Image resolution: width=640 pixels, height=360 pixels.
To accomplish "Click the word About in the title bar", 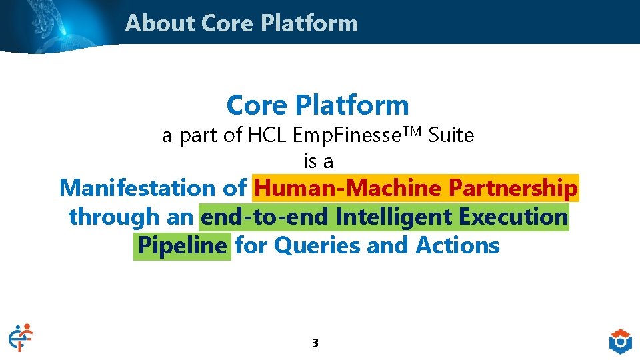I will [160, 23].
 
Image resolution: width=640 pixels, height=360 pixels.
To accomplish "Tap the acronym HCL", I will [269, 135].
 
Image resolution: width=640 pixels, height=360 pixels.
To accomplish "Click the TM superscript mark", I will [412, 131].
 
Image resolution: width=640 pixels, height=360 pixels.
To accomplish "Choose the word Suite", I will [451, 135].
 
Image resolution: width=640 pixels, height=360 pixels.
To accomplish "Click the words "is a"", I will [319, 161].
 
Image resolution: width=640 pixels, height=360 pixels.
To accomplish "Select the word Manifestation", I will [139, 189].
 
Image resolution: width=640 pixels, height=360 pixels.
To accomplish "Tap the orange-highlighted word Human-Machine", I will [348, 189].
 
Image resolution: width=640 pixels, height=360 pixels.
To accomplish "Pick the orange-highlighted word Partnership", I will [513, 189].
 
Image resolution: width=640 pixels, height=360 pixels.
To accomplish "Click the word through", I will [114, 217].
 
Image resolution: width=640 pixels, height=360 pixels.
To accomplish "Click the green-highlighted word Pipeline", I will [183, 246].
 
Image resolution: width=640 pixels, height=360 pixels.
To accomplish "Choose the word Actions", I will [457, 246].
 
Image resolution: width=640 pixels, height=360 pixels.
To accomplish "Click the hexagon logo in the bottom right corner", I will [620, 341].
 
